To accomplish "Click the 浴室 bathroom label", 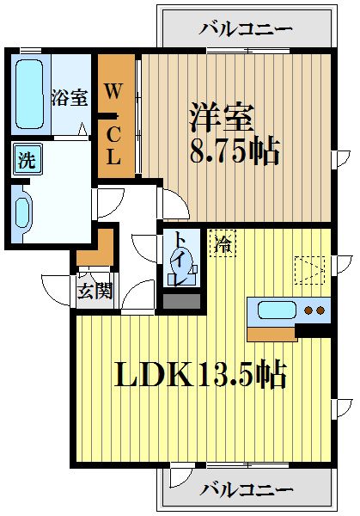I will click(69, 96).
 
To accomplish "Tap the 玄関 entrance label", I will click(95, 291).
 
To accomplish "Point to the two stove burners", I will click(315, 310).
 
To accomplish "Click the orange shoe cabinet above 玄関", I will click(93, 249).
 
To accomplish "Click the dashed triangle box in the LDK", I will click(308, 269).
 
